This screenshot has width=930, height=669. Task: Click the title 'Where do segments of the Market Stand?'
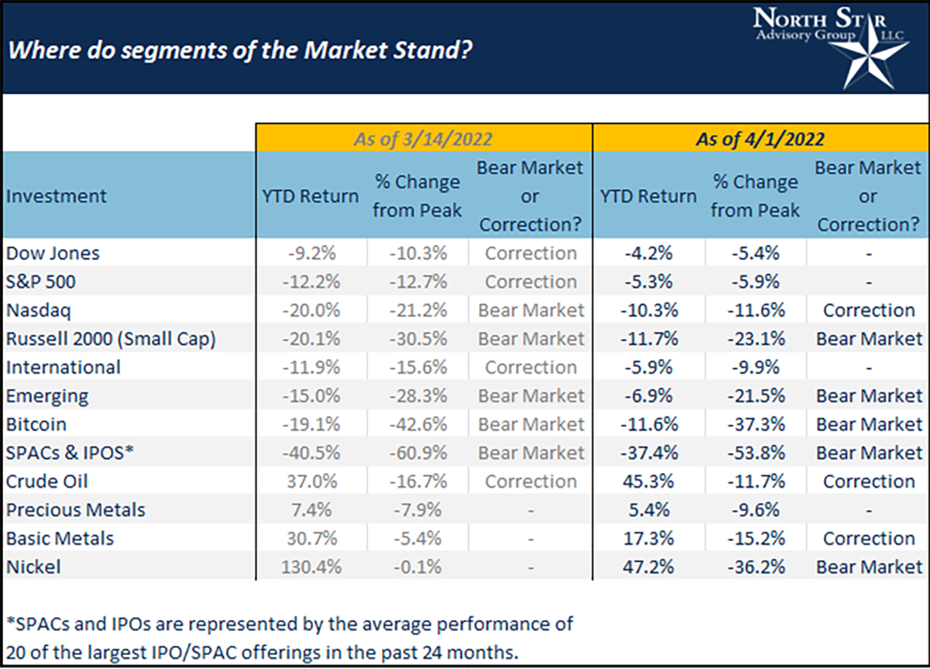pyautogui.click(x=241, y=52)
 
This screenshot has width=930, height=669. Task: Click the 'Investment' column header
pyautogui.click(x=57, y=196)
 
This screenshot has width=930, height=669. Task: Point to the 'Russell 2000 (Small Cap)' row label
pyautogui.click(x=110, y=339)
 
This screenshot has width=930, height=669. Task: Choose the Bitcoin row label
pyautogui.click(x=36, y=424)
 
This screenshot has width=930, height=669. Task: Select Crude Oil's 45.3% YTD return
pyautogui.click(x=649, y=481)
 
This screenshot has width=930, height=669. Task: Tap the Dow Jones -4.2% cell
pyautogui.click(x=649, y=253)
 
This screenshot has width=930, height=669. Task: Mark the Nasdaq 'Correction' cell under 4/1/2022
pyautogui.click(x=868, y=310)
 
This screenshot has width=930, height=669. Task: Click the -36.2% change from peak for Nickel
pyautogui.click(x=755, y=567)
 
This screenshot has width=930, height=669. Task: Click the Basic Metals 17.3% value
pyautogui.click(x=649, y=538)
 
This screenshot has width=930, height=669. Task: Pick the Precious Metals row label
pyautogui.click(x=75, y=510)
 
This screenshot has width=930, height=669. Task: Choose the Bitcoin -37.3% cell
pyautogui.click(x=755, y=424)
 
